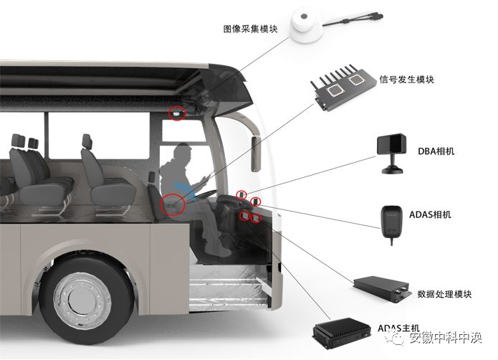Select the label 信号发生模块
point(406,79)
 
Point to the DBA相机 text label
point(436,152)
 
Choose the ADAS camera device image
point(391,218)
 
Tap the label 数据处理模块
point(444,293)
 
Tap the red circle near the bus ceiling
point(176,112)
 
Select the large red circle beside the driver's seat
point(173,203)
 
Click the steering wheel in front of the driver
point(215,188)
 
